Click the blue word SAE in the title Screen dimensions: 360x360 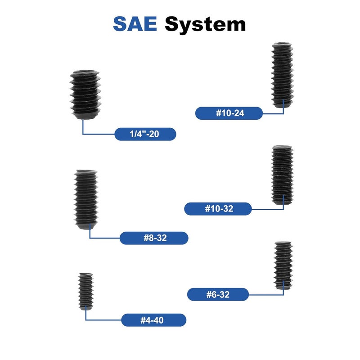[x=135, y=24]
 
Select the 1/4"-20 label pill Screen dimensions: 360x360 [x=145, y=134]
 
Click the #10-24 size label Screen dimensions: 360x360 [x=229, y=113]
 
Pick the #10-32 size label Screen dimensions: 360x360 [x=218, y=209]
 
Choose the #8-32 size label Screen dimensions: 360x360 [x=154, y=238]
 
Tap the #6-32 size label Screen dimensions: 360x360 [x=218, y=294]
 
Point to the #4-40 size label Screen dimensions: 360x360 [x=153, y=320]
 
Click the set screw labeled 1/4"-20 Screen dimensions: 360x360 [x=85, y=95]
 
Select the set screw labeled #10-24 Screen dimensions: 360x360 [x=282, y=75]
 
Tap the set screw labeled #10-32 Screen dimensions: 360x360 [x=282, y=175]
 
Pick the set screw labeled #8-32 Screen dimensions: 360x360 [x=86, y=199]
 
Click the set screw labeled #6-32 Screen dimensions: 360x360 [x=283, y=265]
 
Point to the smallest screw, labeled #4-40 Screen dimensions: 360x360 [x=85, y=291]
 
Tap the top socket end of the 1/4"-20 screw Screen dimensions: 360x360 [x=85, y=72]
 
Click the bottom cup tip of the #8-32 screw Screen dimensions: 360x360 [x=86, y=227]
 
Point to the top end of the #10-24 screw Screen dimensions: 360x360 [x=282, y=44]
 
